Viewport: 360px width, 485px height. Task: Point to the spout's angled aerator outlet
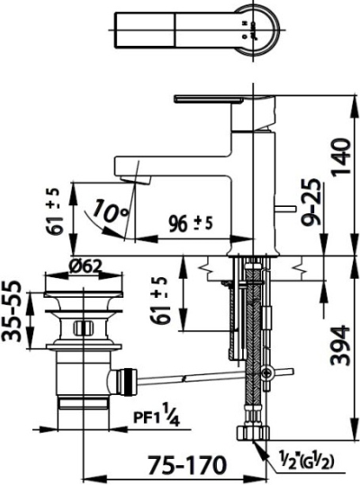(132, 179)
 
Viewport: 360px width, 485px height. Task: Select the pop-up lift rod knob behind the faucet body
(289, 209)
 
